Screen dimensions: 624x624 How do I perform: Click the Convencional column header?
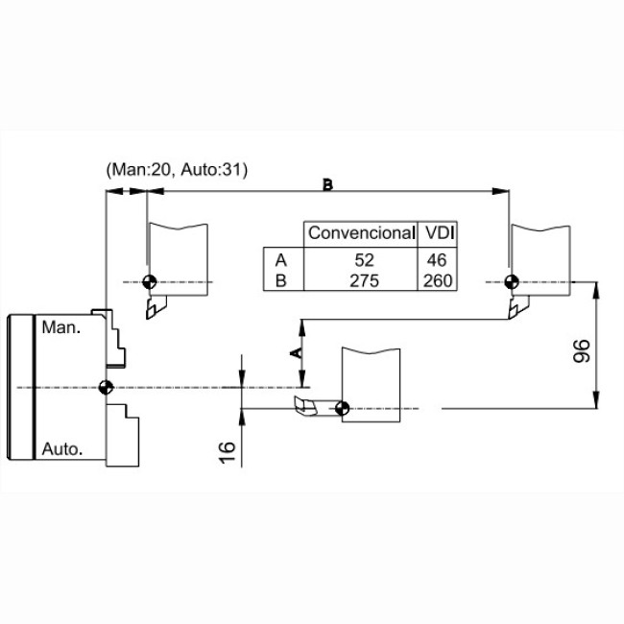tap(361, 233)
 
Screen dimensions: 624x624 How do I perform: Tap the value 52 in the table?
tap(364, 260)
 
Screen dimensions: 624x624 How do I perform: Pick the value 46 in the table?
tap(437, 260)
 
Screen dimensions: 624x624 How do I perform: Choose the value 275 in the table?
tap(364, 281)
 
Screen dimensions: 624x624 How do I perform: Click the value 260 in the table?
tap(438, 281)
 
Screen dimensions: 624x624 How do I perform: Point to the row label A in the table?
tap(281, 260)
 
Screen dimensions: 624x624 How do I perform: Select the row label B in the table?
tap(281, 281)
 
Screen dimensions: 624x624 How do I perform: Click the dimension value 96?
tap(582, 350)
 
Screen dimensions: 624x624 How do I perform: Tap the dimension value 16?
tap(228, 452)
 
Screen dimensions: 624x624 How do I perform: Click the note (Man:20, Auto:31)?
tap(177, 170)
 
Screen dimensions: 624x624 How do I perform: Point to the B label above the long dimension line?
tap(327, 184)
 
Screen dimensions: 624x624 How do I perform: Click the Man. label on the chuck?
tap(60, 327)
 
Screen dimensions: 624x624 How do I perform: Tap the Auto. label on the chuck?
tap(62, 449)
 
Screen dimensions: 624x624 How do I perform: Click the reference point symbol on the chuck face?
tap(106, 387)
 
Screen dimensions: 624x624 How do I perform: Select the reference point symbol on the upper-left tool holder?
tap(149, 282)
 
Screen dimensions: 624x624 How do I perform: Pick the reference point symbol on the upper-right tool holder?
tap(512, 282)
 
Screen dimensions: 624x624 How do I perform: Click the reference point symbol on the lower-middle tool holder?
tap(343, 408)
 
